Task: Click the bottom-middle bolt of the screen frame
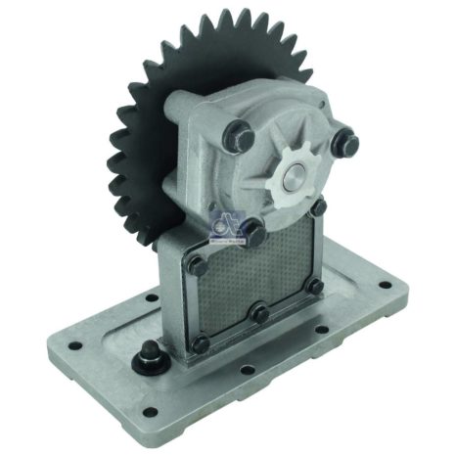[x=256, y=315]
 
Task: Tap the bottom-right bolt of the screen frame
[x=315, y=287]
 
